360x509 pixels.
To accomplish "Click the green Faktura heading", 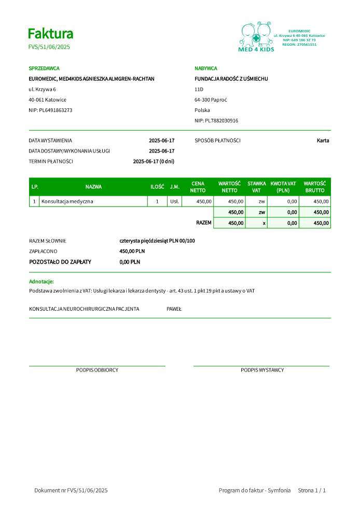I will [x=50, y=34].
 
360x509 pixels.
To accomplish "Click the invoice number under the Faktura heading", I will [x=49, y=47].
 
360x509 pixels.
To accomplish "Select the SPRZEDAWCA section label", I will [x=44, y=68].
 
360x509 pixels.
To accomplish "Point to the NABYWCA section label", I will [x=205, y=68].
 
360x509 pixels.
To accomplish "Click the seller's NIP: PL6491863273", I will [x=50, y=110].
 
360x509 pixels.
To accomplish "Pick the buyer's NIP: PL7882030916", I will [x=216, y=120].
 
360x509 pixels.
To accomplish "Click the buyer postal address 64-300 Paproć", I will [x=211, y=100].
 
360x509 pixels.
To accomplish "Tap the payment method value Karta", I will [x=323, y=141].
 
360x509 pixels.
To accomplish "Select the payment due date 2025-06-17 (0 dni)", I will [x=154, y=161].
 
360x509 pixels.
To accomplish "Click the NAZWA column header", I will [x=93, y=187].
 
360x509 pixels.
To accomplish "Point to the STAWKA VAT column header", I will [x=256, y=187].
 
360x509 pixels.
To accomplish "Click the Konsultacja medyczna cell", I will [x=67, y=201].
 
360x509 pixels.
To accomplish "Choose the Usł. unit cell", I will [x=174, y=201].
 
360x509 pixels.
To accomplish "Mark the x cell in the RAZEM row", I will [x=264, y=223].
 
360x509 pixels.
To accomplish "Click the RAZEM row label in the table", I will [x=203, y=223].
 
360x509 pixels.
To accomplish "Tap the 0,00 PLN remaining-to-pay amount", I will [x=130, y=262].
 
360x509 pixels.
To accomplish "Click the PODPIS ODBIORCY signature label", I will [x=97, y=370].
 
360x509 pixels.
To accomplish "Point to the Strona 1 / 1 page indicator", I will [x=312, y=490].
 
